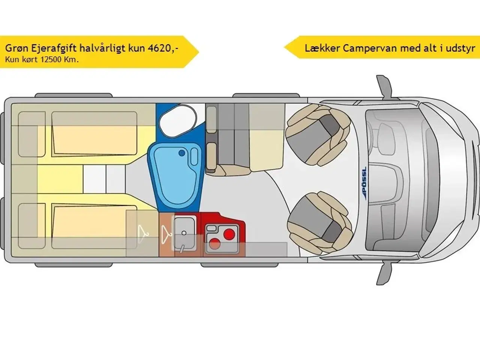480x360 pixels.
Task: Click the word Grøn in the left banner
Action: pyautogui.click(x=15, y=48)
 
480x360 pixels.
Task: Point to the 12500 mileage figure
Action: pyautogui.click(x=51, y=59)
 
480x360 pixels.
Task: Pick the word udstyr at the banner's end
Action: pyautogui.click(x=460, y=48)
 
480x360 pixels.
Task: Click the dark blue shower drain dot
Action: pyautogui.click(x=182, y=153)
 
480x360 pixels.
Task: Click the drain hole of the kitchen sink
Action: pyautogui.click(x=184, y=233)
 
